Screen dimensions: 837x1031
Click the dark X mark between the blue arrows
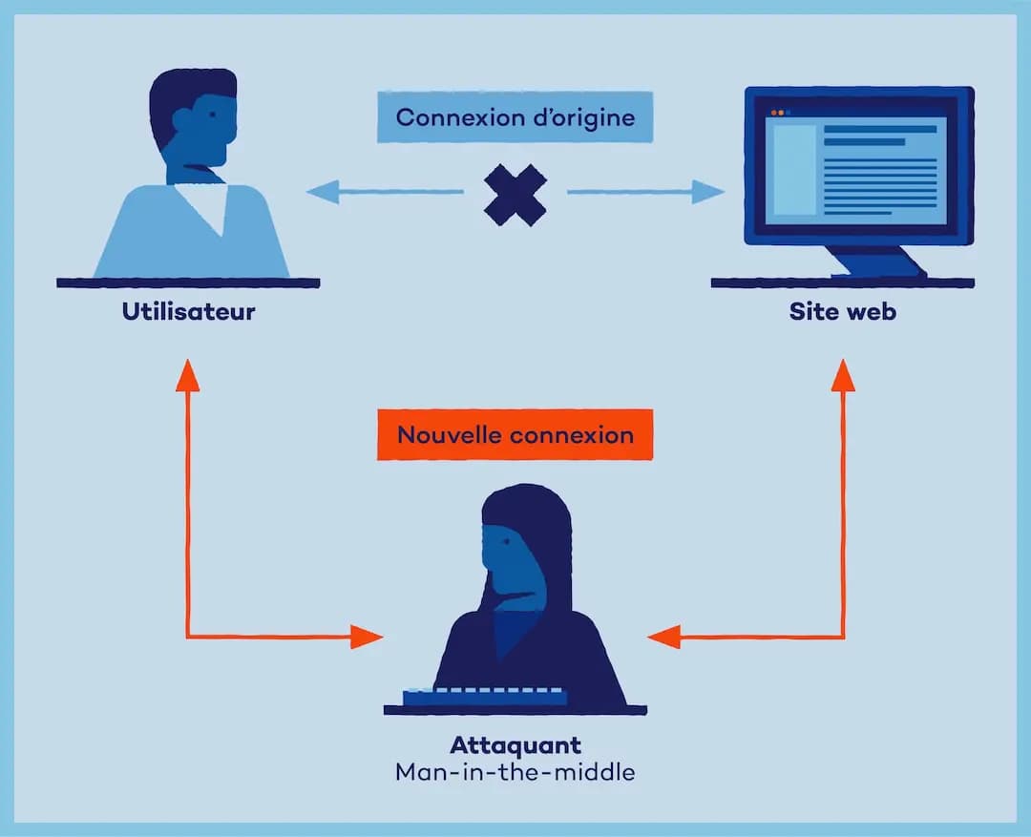coord(515,195)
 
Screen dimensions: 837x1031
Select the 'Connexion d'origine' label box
coord(515,117)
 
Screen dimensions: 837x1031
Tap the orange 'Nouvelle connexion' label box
coord(515,435)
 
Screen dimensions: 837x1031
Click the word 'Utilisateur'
coord(188,312)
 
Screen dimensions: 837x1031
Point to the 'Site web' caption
coord(842,312)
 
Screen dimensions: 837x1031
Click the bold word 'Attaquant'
coord(515,744)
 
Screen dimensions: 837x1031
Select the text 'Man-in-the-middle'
coord(515,771)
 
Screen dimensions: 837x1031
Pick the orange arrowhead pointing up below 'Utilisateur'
coord(188,374)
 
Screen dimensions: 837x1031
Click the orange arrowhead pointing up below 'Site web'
coord(843,374)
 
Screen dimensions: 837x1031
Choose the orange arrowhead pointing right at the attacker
coord(367,637)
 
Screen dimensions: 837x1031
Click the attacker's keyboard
coord(484,696)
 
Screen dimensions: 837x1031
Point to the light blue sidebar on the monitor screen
coord(793,170)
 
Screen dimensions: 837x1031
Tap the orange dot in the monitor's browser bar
coord(774,113)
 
